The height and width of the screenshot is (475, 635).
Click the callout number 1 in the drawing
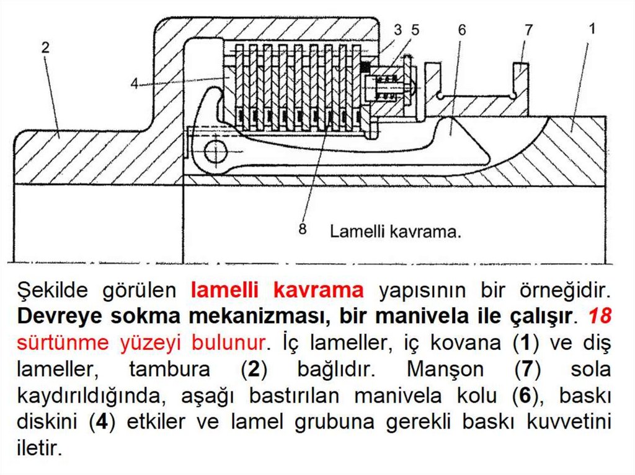pyautogui.click(x=592, y=28)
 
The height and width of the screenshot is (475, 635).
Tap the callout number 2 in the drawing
pyautogui.click(x=45, y=48)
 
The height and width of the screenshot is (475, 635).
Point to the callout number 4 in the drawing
pyautogui.click(x=135, y=84)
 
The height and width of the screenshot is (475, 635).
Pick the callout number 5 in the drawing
pyautogui.click(x=415, y=29)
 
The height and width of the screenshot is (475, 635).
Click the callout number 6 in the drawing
pyautogui.click(x=462, y=30)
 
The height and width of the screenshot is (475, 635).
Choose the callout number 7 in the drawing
pyautogui.click(x=528, y=30)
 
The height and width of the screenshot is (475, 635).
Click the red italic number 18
pyautogui.click(x=600, y=316)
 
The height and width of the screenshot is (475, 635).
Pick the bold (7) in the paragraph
pyautogui.click(x=527, y=369)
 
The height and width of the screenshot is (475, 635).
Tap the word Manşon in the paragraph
pyautogui.click(x=445, y=369)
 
